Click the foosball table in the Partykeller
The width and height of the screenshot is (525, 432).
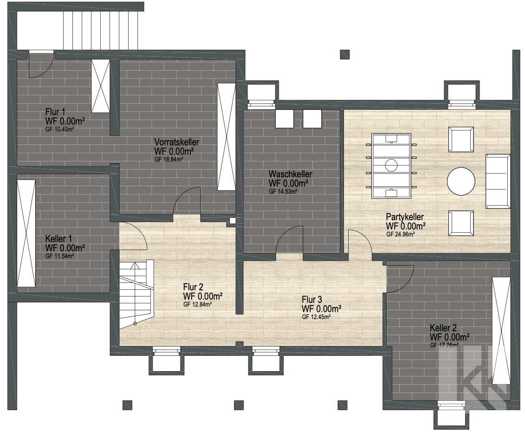click(391, 165)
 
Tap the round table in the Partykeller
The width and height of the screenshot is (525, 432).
click(461, 181)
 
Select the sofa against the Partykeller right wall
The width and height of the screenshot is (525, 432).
click(498, 181)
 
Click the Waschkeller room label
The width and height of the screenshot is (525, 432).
click(290, 174)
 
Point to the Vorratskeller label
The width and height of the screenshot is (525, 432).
click(176, 142)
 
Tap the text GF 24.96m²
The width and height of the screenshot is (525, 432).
click(401, 234)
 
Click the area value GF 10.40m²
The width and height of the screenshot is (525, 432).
click(59, 129)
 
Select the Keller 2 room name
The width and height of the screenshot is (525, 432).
click(443, 328)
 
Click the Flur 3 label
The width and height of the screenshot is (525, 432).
click(312, 300)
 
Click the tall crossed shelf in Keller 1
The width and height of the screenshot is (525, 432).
click(26, 233)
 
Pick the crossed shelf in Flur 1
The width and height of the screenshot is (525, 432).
click(100, 86)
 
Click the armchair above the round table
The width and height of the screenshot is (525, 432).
click(461, 139)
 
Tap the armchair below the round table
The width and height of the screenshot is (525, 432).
click(461, 223)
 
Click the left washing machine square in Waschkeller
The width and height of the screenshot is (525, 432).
click(285, 118)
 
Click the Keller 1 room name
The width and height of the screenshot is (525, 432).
click(58, 239)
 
